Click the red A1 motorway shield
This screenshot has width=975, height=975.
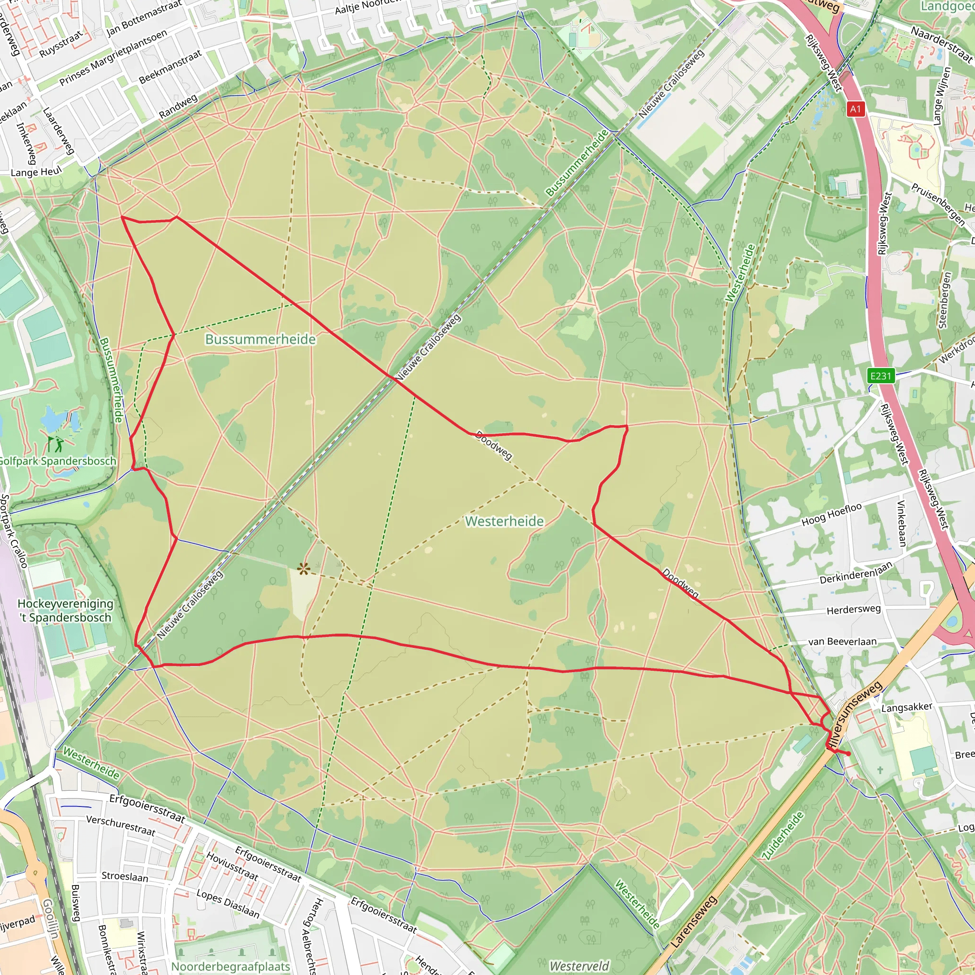click(x=855, y=109)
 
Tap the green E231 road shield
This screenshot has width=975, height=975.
click(x=881, y=376)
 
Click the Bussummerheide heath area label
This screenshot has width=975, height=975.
click(x=260, y=339)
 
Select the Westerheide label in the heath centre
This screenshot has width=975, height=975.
click(x=504, y=521)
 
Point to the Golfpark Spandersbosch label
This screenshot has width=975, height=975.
click(x=57, y=461)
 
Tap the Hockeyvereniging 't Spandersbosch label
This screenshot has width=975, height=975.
click(x=66, y=611)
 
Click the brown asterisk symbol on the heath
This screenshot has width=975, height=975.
click(x=303, y=570)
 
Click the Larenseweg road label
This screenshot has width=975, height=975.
click(x=694, y=922)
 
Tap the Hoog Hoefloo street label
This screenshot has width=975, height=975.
click(x=832, y=515)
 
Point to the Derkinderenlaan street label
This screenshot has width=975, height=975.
click(x=856, y=574)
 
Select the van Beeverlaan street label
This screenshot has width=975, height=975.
click(x=842, y=642)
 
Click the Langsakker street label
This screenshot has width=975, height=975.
click(x=906, y=707)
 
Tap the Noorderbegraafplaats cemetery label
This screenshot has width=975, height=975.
click(x=230, y=966)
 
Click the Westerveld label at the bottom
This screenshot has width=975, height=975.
click(x=579, y=966)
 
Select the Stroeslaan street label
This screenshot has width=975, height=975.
click(x=125, y=876)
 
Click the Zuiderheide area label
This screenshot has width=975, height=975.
click(x=783, y=835)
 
